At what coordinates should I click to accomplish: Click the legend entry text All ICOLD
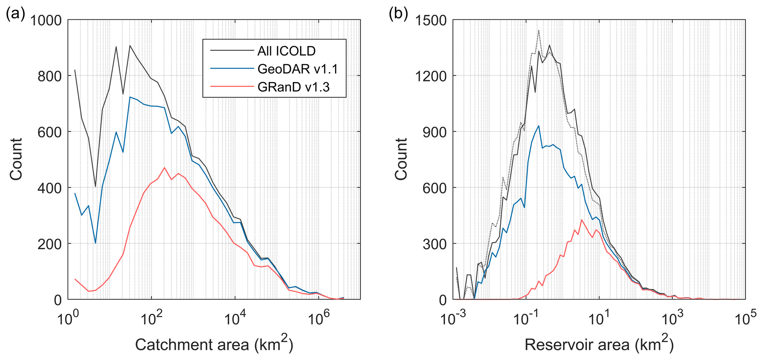tap(286, 51)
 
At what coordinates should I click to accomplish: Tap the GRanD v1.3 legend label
tap(293, 87)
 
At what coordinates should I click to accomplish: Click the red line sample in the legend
tap(231, 87)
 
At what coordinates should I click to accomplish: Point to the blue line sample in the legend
tap(231, 69)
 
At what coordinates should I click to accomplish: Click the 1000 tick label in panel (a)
tap(46, 20)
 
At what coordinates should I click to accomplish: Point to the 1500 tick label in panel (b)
tap(430, 20)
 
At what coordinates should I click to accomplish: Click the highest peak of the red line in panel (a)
tap(164, 168)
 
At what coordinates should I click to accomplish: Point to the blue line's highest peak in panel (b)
tap(539, 126)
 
